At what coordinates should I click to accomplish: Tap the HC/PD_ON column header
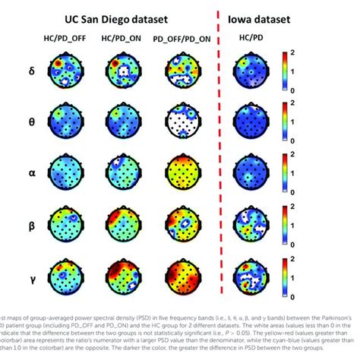point(122,37)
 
